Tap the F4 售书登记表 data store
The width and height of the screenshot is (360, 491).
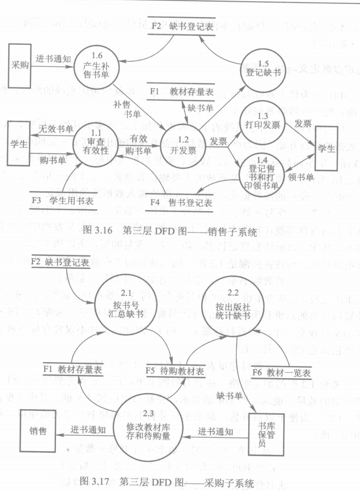[180, 203]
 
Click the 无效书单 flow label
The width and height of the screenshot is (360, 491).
[55, 129]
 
